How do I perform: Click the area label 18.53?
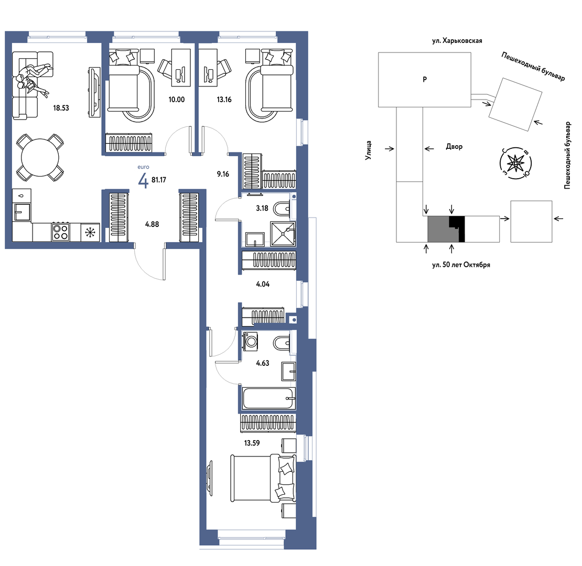tap(61, 108)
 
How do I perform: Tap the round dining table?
tap(40, 157)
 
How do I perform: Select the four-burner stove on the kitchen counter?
tap(60, 232)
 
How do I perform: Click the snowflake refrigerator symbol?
tap(90, 233)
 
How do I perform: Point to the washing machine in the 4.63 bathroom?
tap(251, 341)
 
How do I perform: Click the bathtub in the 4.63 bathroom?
tap(269, 398)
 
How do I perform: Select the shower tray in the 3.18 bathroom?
tap(283, 234)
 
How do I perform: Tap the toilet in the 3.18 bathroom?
tap(283, 209)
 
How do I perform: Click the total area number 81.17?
tap(159, 180)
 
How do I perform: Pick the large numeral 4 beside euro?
tap(143, 181)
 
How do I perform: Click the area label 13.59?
tap(252, 443)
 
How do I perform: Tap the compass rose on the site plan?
tap(515, 163)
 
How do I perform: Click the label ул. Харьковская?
tap(457, 41)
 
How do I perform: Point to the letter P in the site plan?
tap(425, 79)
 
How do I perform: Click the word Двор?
tap(454, 147)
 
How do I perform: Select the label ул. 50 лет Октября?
tap(461, 265)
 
